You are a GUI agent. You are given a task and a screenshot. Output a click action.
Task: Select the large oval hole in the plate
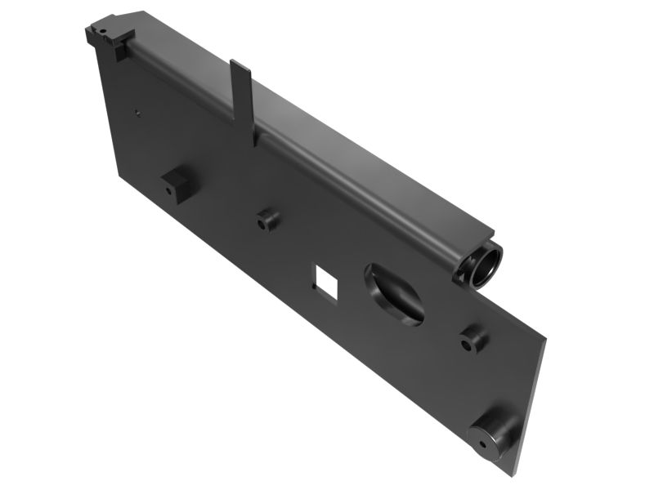(395, 292)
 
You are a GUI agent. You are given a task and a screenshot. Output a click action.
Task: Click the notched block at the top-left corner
(107, 33)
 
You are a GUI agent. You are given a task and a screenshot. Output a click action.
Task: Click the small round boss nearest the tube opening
(472, 339)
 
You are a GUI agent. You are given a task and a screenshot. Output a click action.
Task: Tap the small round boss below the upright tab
(267, 220)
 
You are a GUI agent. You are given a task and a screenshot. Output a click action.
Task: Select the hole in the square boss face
(169, 189)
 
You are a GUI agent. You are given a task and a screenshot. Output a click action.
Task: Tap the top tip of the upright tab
(238, 64)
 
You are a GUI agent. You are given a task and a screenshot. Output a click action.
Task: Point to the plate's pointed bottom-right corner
(518, 474)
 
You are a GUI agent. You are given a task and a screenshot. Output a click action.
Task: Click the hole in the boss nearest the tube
(467, 344)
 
